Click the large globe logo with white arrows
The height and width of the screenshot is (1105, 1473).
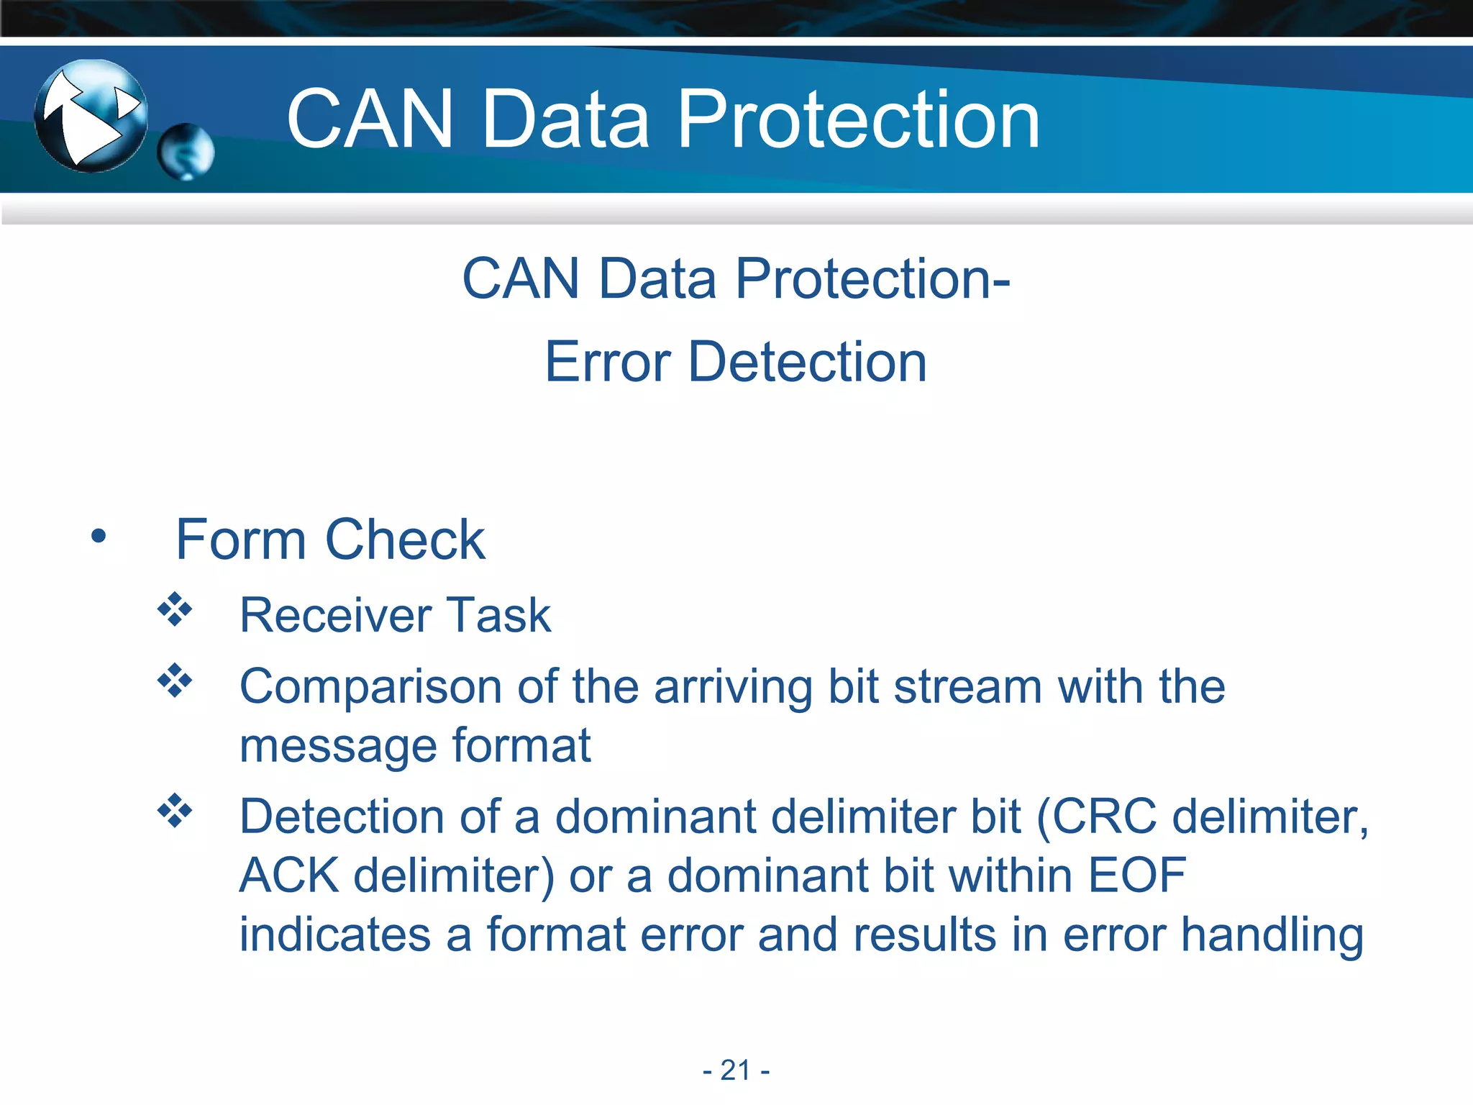[x=91, y=116]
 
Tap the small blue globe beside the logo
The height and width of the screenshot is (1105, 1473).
[x=186, y=151]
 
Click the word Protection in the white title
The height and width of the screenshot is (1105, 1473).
[x=859, y=119]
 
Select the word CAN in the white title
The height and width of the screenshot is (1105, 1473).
[x=370, y=119]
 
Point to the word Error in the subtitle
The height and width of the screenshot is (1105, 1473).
[x=606, y=362]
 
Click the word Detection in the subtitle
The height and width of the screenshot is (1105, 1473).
[x=807, y=362]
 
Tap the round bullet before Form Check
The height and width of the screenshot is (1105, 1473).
[x=99, y=536]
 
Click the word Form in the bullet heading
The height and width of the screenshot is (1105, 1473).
[x=241, y=540]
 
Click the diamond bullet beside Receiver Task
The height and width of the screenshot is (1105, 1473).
[x=175, y=609]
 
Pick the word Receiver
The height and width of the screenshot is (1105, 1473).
[x=336, y=615]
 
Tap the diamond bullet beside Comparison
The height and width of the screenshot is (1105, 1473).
[x=175, y=680]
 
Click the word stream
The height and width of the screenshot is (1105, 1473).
[x=967, y=687]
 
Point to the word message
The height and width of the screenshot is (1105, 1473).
[x=337, y=746]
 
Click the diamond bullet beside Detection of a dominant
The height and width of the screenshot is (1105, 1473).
[x=175, y=811]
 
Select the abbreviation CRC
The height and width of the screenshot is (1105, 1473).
[x=1104, y=817]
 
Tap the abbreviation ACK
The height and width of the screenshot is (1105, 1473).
[x=289, y=876]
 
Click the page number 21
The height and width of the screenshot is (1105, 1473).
[x=736, y=1070]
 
